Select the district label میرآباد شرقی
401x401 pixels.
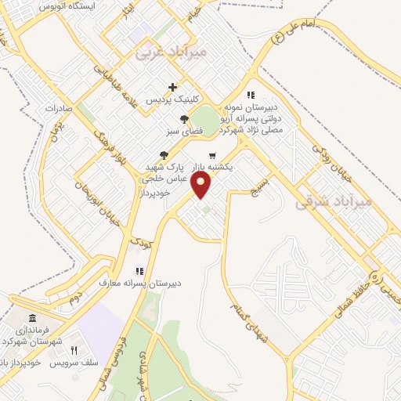tap(331, 202)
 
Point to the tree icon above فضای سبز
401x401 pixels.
tap(184, 118)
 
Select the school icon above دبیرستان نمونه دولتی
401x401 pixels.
tap(251, 96)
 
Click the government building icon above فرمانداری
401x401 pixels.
tap(31, 318)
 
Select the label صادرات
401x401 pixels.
tap(58, 109)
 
